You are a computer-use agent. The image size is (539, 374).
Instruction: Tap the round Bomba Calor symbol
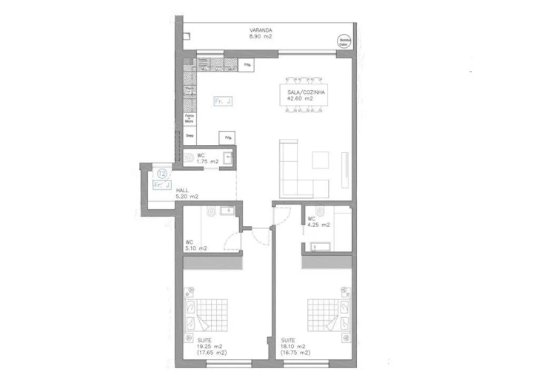(344, 42)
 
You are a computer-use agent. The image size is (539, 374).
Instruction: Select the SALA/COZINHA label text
(307, 92)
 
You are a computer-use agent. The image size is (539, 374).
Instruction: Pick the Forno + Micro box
(189, 118)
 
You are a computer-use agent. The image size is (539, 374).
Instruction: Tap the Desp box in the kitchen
(189, 137)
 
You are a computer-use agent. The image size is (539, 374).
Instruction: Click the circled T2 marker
(162, 174)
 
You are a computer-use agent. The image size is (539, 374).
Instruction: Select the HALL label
(182, 191)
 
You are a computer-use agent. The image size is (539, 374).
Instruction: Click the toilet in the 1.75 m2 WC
(189, 157)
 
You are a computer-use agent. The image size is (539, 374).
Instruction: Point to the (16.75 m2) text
(295, 353)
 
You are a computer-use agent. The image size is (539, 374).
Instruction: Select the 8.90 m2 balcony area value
(261, 35)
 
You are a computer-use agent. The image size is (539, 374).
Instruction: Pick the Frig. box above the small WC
(228, 137)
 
